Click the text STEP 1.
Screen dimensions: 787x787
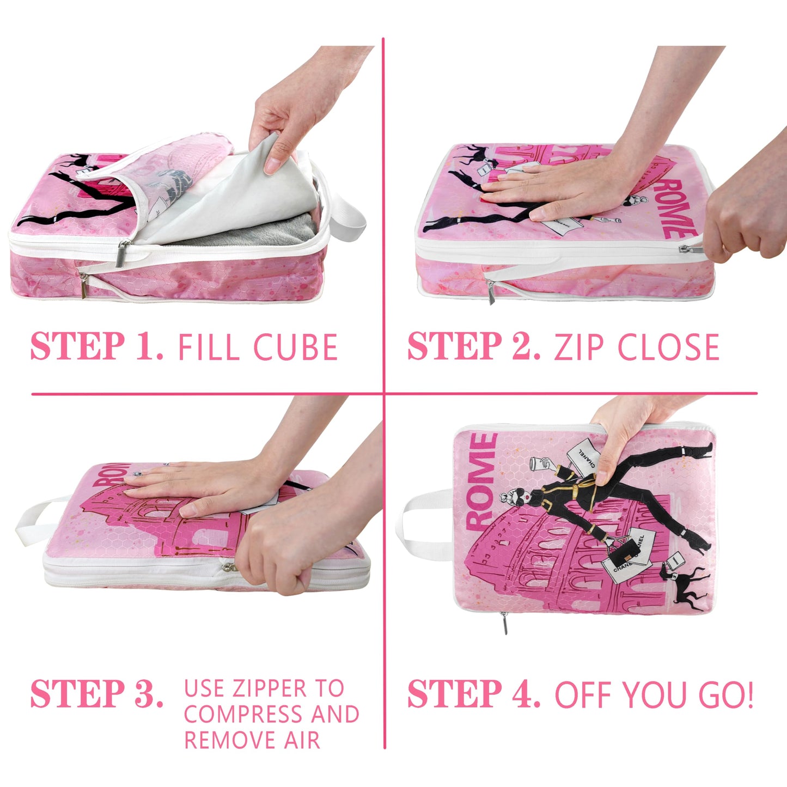(x=96, y=346)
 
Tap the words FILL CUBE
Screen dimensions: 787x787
(x=258, y=347)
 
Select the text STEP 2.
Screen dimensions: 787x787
(x=474, y=346)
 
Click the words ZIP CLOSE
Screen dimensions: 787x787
(x=637, y=347)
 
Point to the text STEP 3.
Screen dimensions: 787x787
(x=96, y=694)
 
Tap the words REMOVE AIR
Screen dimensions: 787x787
(x=252, y=740)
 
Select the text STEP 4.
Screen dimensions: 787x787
(x=474, y=694)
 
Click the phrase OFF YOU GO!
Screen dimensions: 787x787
(x=654, y=695)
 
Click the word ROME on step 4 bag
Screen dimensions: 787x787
(x=481, y=482)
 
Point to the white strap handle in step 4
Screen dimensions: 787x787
(x=425, y=523)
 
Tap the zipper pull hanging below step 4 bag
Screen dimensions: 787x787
(x=505, y=623)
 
